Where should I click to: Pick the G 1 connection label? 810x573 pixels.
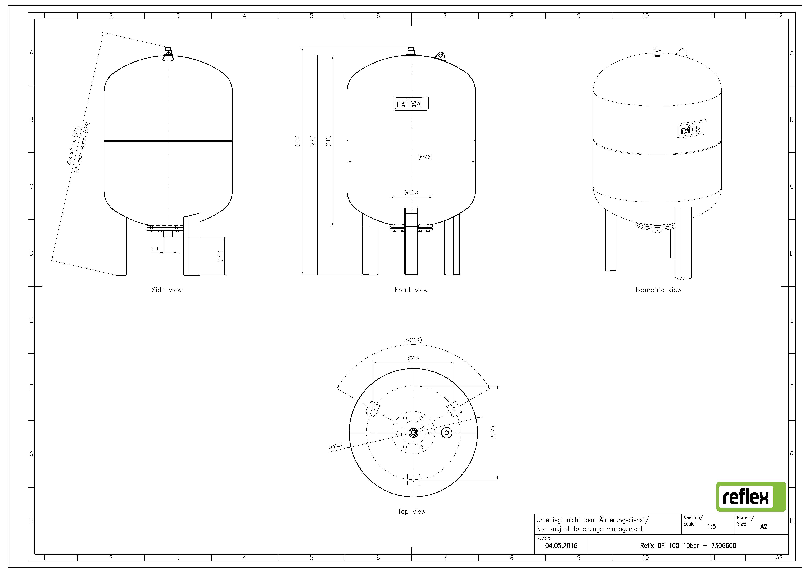point(155,248)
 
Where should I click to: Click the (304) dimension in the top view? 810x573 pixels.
point(413,358)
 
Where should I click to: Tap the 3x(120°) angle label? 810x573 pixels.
point(413,340)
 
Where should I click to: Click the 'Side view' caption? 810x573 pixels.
point(166,290)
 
